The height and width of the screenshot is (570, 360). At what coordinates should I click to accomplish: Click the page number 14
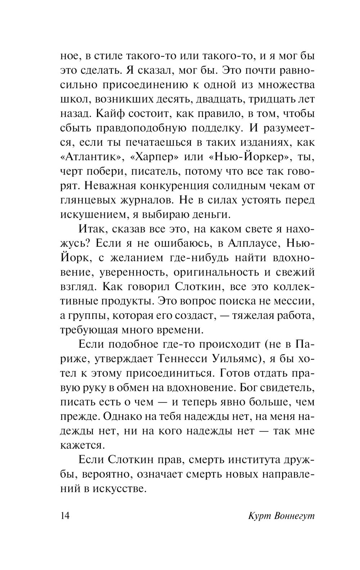coord(65,516)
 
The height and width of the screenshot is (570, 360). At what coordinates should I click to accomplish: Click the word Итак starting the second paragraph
coord(91,229)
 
